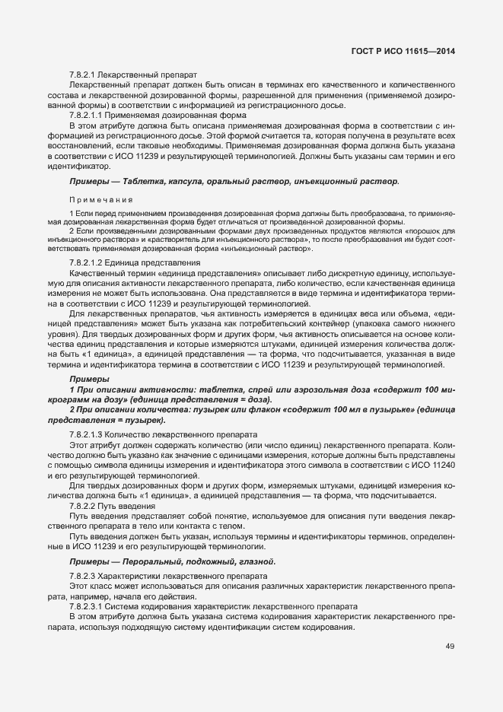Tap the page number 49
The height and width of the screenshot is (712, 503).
[x=450, y=647]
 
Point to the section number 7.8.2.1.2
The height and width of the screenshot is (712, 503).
[x=90, y=262]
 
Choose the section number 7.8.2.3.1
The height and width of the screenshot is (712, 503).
[x=90, y=606]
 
